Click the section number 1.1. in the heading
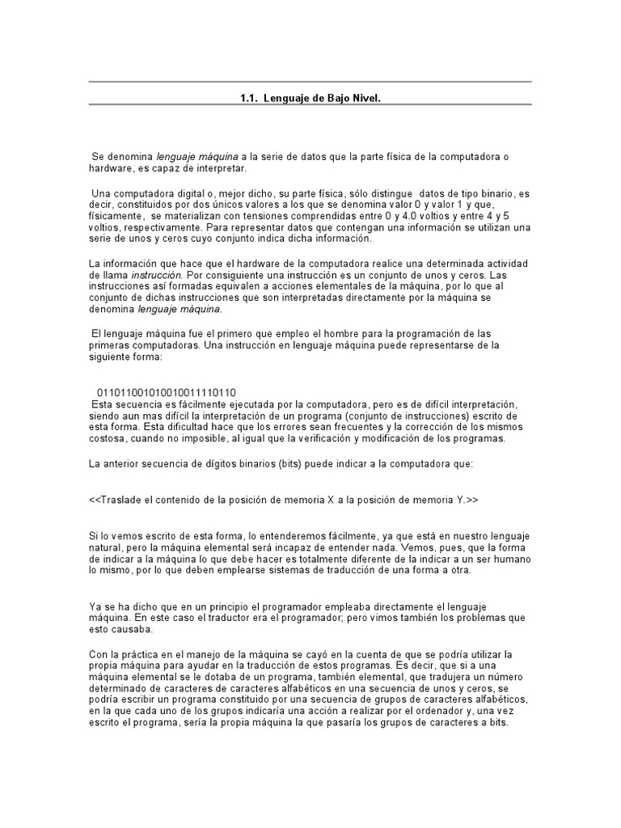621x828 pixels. (249, 97)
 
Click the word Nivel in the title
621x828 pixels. (363, 97)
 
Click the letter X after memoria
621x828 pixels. (331, 501)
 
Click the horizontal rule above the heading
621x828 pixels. (310, 82)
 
